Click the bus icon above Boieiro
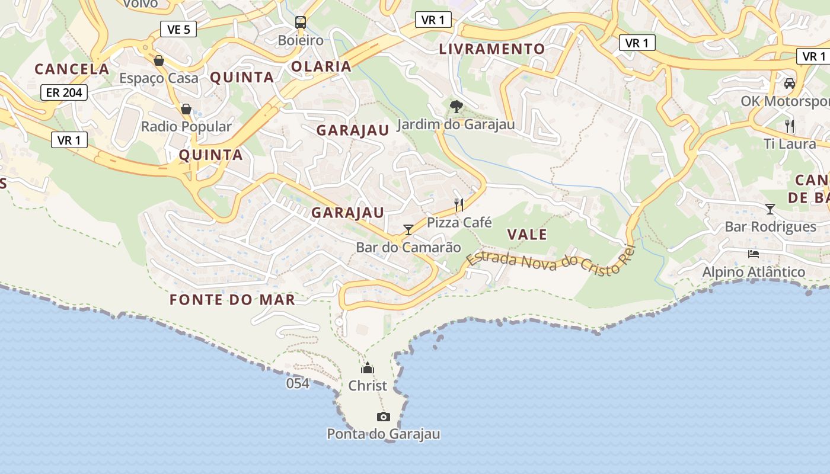click(x=301, y=23)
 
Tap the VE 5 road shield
click(x=178, y=29)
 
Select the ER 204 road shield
click(x=65, y=92)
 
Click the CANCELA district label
click(x=72, y=69)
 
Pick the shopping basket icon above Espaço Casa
click(x=159, y=60)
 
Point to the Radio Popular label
click(x=186, y=126)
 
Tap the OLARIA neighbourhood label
click(x=321, y=66)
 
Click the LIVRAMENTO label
click(x=491, y=49)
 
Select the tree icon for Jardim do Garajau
click(x=456, y=107)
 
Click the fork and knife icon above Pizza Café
click(x=459, y=205)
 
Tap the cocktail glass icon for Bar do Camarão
click(x=408, y=230)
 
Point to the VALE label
click(x=527, y=235)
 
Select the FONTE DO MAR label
click(x=232, y=300)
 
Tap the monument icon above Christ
click(x=368, y=368)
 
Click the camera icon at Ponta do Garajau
click(x=384, y=417)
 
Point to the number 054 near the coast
click(x=298, y=383)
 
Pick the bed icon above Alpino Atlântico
click(x=754, y=254)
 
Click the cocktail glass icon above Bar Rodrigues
click(x=770, y=209)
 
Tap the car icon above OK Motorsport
click(x=789, y=84)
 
